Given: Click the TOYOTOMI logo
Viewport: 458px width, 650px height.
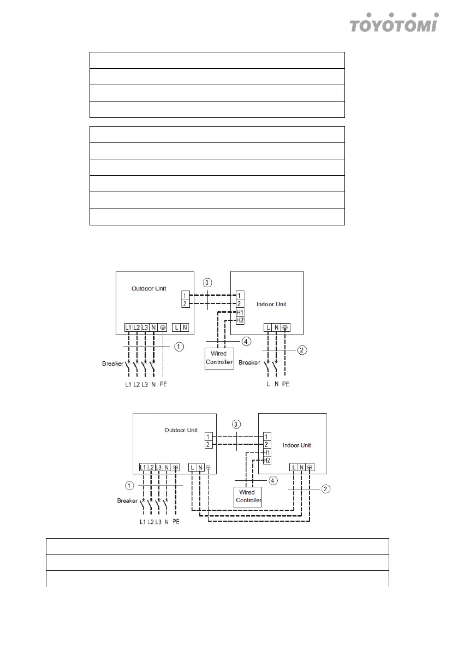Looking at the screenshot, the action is coord(394,23).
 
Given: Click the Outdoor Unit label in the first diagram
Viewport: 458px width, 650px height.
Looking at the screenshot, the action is coord(149,289).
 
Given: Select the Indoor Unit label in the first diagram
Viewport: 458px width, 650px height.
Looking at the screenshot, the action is coord(271,304).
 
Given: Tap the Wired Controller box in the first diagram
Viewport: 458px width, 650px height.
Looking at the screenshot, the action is coord(219,358).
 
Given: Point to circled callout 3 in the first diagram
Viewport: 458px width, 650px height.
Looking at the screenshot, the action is coord(207,283).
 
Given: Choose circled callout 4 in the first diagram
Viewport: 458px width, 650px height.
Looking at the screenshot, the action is coord(246,341).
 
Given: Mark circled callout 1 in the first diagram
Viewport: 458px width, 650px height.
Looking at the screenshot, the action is coord(179,347).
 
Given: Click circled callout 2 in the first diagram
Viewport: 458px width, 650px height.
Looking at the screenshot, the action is coord(302,350).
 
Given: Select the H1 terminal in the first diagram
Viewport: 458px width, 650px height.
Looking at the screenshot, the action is coord(240,312).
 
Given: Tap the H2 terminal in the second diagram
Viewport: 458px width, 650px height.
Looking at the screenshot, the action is coord(267,461).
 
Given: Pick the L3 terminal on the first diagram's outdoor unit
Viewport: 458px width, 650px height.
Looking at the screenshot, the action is coord(145,327).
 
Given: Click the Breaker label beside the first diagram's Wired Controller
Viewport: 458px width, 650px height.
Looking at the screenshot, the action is coord(249,362).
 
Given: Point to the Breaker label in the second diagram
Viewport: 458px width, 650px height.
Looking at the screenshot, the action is coord(127,500).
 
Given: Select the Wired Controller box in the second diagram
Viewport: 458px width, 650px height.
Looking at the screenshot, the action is coord(248,497).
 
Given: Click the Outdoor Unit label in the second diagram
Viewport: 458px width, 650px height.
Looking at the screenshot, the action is coord(181,430).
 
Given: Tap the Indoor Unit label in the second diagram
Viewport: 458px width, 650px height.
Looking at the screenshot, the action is coord(297,445).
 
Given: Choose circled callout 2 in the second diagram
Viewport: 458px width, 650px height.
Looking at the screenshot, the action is coord(326,489).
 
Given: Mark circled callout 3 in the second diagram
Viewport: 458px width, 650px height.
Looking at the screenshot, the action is coord(236,424).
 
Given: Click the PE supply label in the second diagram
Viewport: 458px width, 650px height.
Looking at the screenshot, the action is coord(176,522).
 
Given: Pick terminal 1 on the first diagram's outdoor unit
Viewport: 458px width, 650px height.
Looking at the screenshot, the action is coord(185,296).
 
